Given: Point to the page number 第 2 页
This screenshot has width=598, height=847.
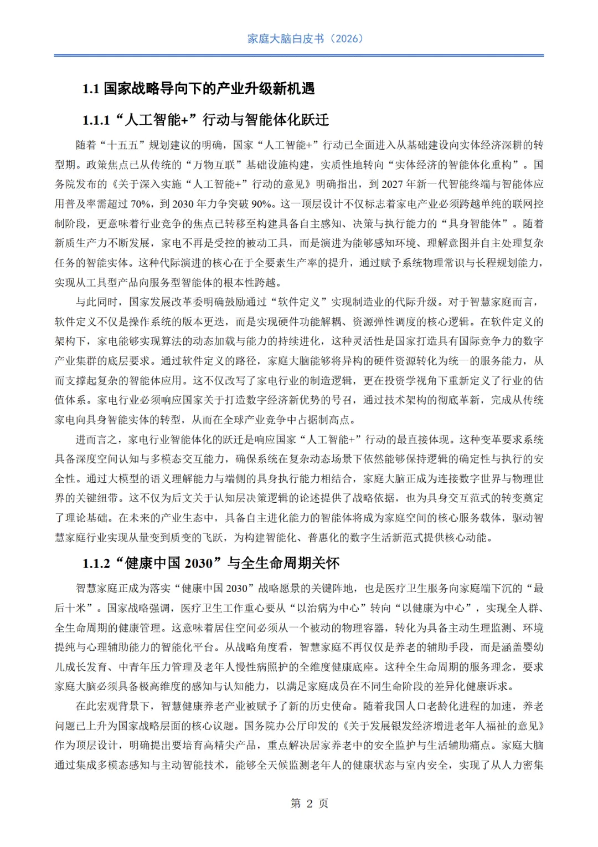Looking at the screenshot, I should [x=309, y=803].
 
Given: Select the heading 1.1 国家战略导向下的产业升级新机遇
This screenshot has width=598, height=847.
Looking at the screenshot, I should [x=198, y=89].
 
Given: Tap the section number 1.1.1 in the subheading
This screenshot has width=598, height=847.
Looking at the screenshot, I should [x=96, y=120].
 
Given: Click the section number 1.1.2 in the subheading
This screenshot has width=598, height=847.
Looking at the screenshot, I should [x=96, y=564].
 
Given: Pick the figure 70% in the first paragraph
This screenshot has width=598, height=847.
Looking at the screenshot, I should [x=141, y=204].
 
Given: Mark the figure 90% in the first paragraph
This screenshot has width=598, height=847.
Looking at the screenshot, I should [x=261, y=204].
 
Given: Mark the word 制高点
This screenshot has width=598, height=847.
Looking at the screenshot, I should [x=337, y=420].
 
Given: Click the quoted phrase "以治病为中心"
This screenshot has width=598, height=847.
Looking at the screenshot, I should [x=326, y=608].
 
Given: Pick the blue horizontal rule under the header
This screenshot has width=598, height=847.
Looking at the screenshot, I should [x=299, y=55].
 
